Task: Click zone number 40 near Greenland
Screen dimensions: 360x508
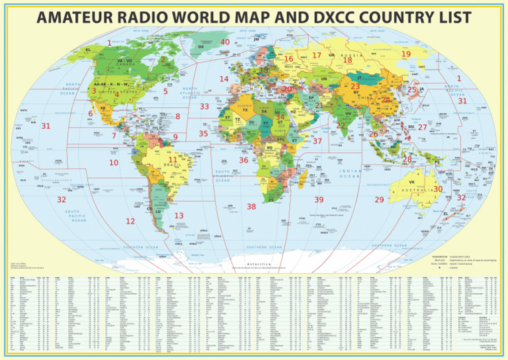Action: [x=225, y=43]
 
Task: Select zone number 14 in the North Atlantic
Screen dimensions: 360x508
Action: [x=224, y=79]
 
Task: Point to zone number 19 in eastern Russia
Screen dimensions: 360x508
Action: [x=405, y=54]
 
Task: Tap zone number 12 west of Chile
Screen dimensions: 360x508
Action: [x=130, y=221]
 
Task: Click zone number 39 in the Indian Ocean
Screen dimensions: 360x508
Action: [x=319, y=199]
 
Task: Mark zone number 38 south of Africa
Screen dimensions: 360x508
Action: [x=251, y=207]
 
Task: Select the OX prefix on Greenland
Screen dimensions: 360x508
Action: [x=201, y=47]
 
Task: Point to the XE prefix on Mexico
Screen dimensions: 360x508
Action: [x=103, y=106]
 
